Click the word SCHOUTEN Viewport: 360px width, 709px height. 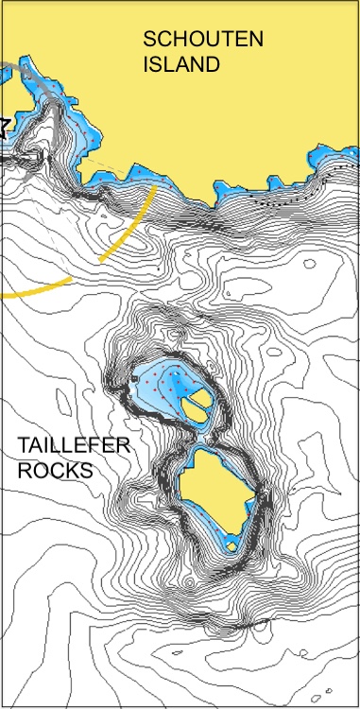203,39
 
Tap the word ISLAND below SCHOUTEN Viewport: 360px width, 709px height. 181,64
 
